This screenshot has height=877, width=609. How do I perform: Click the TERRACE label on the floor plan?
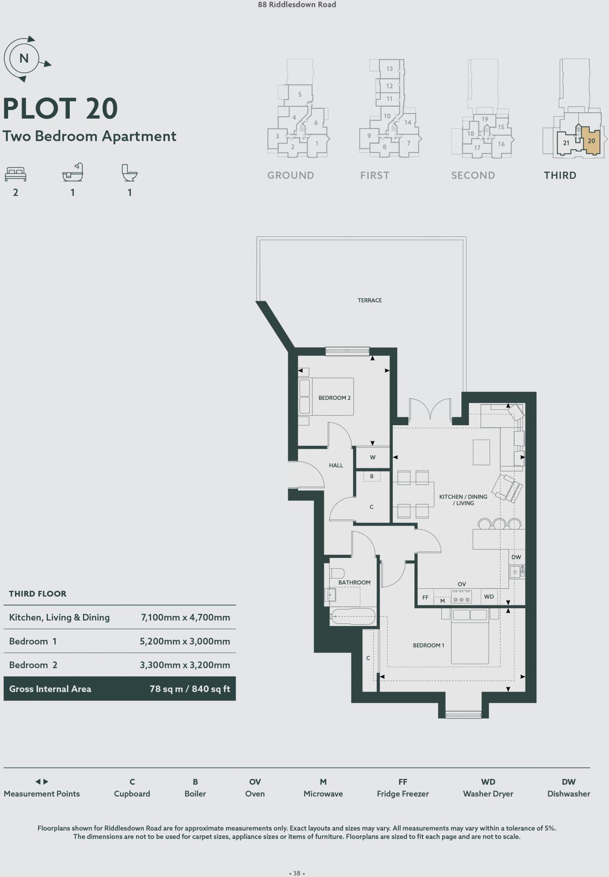coord(369,300)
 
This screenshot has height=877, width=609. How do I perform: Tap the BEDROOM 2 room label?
coord(334,398)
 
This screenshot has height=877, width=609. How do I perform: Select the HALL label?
coord(336,465)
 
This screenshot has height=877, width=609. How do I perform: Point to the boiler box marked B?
coord(371,476)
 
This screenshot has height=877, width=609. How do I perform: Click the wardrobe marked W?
coord(373,457)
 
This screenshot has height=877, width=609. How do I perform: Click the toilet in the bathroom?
coord(337,573)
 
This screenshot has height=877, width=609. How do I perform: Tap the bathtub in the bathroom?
coord(353,617)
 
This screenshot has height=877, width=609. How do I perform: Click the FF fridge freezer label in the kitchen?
coord(425,597)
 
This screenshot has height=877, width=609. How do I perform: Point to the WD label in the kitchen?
coord(489,597)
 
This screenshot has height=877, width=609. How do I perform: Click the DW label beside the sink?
coord(516,557)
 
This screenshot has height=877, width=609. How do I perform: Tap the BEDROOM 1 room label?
coord(428,645)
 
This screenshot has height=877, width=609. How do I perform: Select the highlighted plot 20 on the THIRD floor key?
coord(591,141)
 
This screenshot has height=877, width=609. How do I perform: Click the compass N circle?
coord(24,58)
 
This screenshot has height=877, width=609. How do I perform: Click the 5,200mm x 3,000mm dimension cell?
coord(185,641)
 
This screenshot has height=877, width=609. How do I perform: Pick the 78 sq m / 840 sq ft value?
coord(190,689)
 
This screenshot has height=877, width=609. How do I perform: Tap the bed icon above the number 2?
coord(15,174)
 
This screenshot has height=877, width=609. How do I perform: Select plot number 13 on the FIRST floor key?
coord(389,69)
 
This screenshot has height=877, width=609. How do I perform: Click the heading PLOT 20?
coord(60,108)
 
